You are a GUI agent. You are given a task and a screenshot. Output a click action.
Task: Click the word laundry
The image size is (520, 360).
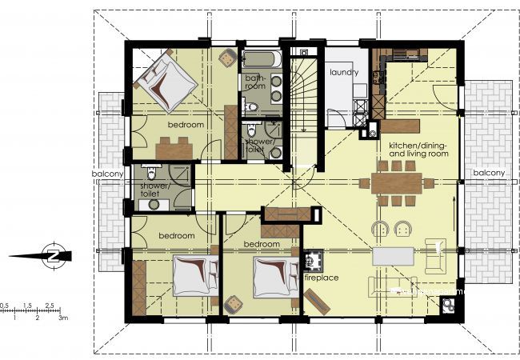pyautogui.click(x=344, y=72)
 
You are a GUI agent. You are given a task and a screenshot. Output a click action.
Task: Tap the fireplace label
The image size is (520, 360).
pyautogui.click(x=322, y=278)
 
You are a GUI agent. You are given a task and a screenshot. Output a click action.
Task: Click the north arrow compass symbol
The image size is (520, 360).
pyautogui.click(x=53, y=255)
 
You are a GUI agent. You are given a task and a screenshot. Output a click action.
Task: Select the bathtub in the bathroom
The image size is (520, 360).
pyautogui.click(x=262, y=59)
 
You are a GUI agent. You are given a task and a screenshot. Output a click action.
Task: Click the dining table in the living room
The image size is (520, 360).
pyautogui.click(x=396, y=183)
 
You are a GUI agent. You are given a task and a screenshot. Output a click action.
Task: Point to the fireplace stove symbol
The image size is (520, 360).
pyautogui.click(x=313, y=259)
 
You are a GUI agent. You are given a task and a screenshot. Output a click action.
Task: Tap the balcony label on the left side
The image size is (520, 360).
pyautogui.click(x=108, y=174)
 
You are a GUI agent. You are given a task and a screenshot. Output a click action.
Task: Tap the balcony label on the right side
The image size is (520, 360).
pyautogui.click(x=489, y=172)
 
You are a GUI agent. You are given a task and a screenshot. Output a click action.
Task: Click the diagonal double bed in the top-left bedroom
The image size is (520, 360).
pyautogui.click(x=165, y=82)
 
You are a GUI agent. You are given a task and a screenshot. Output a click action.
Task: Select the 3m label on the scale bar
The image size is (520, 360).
pyautogui.click(x=63, y=318)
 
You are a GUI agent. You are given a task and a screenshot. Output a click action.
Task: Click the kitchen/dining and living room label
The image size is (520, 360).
pyautogui.click(x=418, y=150)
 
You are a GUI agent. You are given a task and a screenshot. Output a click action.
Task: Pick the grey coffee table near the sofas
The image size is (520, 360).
pyautogui.click(x=393, y=256)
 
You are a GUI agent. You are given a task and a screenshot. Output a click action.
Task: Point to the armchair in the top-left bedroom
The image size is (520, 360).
pyautogui.click(x=227, y=58)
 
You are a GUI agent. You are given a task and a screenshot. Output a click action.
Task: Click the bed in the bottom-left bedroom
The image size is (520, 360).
pyautogui.click(x=196, y=275)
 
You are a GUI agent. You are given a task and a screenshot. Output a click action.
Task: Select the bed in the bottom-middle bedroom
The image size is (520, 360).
pyautogui.click(x=276, y=277)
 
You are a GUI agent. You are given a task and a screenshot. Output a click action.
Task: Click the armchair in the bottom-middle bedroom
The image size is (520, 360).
pyautogui.click(x=234, y=304)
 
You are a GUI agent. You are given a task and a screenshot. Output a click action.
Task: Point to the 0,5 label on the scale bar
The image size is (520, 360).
pyautogui.click(x=4, y=305)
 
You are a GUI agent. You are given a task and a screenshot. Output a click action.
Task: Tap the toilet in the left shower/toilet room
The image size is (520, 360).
pyautogui.click(x=151, y=171)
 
